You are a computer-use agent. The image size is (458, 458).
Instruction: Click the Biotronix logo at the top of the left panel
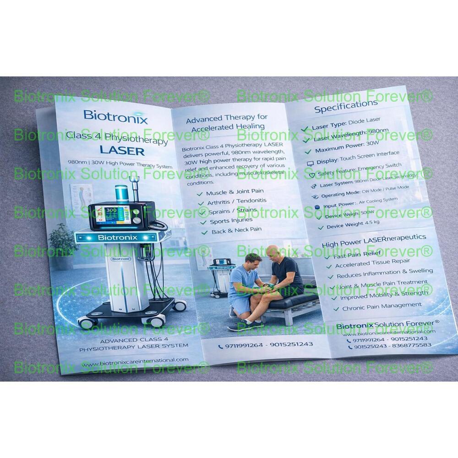[115, 117]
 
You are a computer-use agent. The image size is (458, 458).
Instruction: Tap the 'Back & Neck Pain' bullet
[236, 231]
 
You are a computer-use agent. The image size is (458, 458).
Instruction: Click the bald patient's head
[273, 251]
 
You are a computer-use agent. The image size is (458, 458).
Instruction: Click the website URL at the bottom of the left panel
[136, 361]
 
